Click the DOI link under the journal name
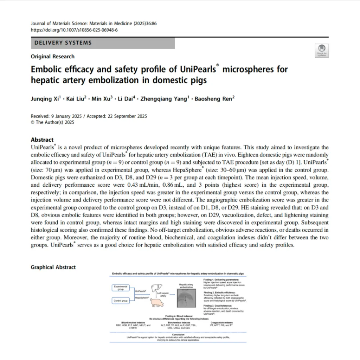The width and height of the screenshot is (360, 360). tap(74, 30)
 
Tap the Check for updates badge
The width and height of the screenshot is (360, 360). tap(322, 50)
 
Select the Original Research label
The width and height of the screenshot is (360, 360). tap(53, 56)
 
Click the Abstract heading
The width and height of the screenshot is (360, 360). tap(42, 140)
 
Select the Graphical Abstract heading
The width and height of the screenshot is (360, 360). tap(53, 267)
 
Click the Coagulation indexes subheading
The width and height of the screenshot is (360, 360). tap(221, 322)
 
